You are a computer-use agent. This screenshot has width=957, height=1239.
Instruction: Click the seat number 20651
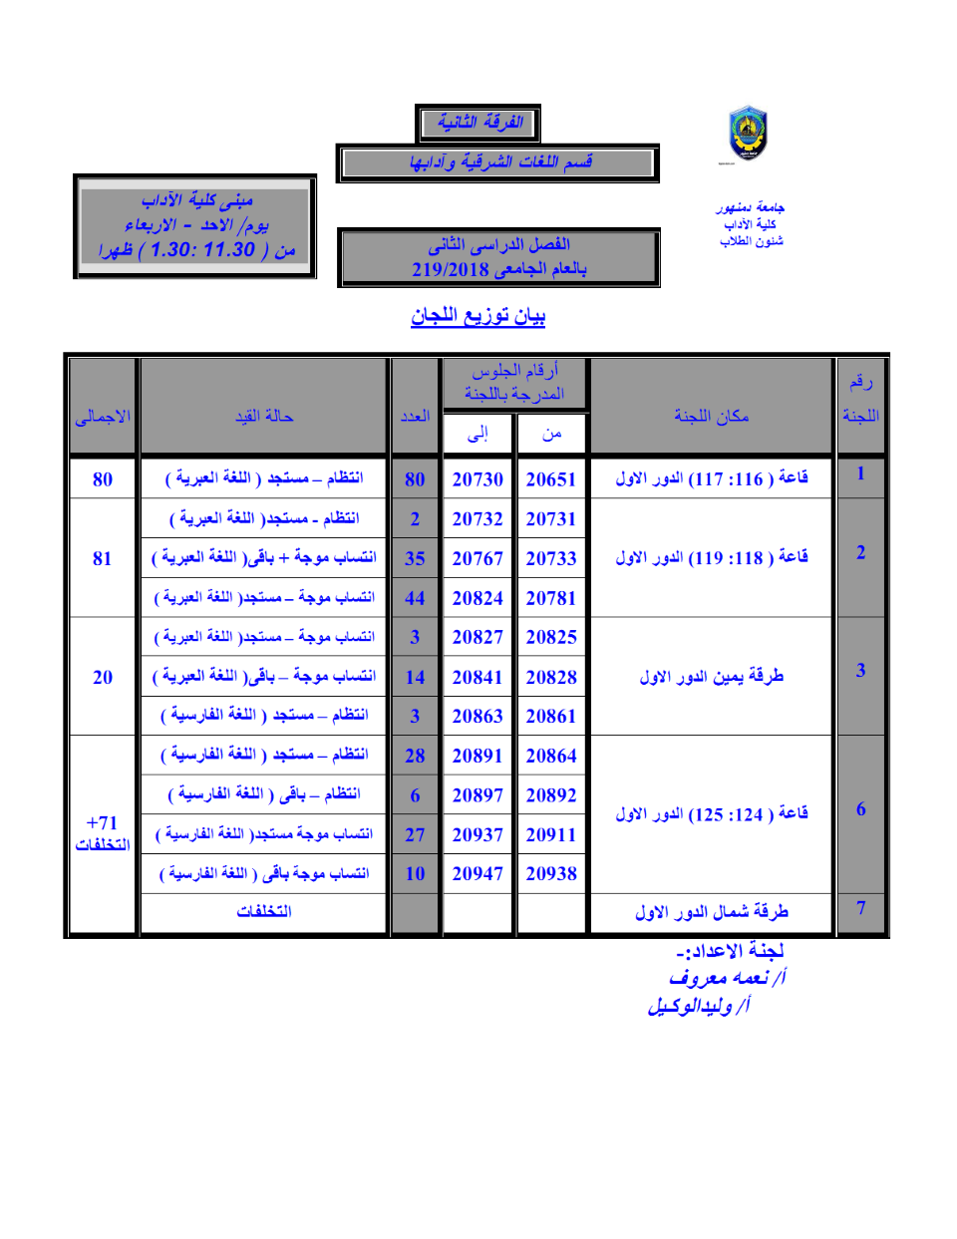tap(551, 479)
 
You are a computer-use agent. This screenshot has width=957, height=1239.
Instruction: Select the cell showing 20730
tap(478, 479)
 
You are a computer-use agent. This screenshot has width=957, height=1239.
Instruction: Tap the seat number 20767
tap(478, 558)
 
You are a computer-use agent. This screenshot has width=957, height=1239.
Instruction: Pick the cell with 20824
tap(478, 598)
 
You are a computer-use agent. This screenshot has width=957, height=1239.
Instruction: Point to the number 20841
tap(478, 677)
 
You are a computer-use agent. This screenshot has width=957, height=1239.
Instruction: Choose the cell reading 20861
tap(551, 716)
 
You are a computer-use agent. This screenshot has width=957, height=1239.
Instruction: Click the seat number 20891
tap(478, 756)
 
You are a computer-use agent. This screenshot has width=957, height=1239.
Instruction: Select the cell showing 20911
tap(551, 834)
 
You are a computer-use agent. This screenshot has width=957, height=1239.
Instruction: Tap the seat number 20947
tap(478, 873)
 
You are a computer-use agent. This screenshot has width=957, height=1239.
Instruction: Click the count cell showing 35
tap(415, 558)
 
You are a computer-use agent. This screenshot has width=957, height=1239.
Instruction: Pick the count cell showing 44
tap(415, 598)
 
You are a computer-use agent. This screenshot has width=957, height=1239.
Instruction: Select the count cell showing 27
tap(415, 834)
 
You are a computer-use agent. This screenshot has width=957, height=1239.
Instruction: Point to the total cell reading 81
tap(103, 558)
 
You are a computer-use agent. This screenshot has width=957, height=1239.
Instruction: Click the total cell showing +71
tap(102, 823)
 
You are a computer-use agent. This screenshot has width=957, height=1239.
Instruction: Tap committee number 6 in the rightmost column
tap(860, 808)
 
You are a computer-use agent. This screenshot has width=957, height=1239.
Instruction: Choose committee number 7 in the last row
tap(860, 907)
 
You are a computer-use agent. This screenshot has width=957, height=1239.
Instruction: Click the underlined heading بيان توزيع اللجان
tap(478, 316)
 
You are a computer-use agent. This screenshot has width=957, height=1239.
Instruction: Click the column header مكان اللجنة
tap(711, 416)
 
